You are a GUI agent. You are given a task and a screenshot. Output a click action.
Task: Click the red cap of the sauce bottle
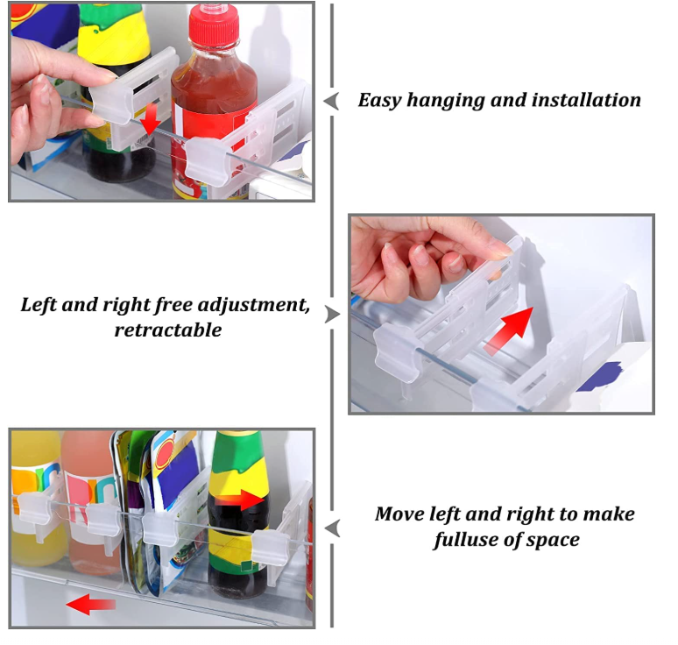214,25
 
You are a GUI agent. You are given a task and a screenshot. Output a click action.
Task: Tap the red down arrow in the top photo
150,118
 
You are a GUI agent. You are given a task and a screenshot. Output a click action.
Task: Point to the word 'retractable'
168,330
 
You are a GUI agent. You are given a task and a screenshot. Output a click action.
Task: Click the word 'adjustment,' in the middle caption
252,306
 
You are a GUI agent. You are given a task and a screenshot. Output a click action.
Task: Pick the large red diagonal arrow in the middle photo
509,330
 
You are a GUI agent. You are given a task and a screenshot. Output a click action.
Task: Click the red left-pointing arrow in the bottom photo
91,604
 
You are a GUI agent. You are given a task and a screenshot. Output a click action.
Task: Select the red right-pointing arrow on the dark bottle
240,500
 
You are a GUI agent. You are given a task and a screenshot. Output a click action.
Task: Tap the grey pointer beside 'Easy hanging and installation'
331,102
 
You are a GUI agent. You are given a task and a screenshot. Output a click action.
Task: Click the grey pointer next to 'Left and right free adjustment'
333,315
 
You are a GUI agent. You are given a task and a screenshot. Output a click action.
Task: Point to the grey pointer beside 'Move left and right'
332,528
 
